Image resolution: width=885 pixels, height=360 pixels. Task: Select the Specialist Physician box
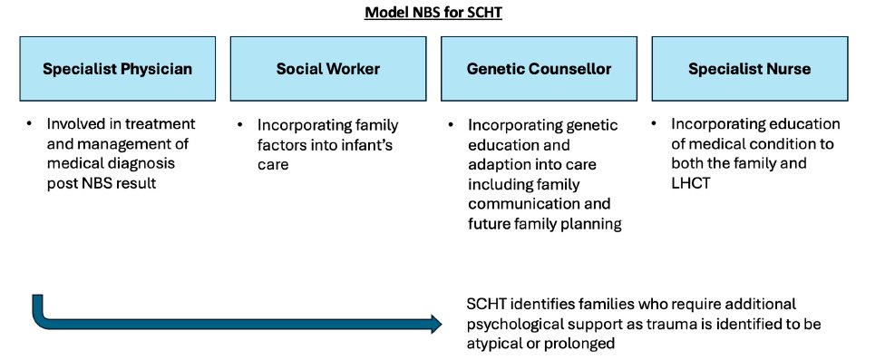pos(116,68)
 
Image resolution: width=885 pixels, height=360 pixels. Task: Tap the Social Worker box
pos(327,68)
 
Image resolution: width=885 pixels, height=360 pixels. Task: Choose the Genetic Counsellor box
pos(539,68)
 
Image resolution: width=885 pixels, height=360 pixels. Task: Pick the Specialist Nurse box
pos(749,68)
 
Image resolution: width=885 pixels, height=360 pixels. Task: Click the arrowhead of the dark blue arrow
pos(435,324)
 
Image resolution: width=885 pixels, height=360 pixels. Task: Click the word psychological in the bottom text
pos(513,324)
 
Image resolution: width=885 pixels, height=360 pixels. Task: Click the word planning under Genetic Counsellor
pos(590,223)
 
